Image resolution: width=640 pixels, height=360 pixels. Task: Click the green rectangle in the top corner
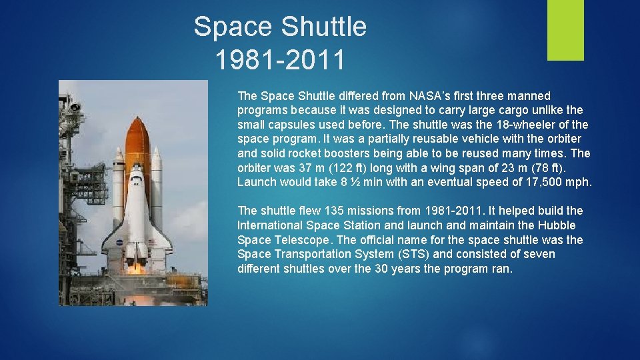[x=565, y=30]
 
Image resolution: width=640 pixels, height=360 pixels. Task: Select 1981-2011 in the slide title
[x=280, y=60]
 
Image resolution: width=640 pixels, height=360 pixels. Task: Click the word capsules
[x=293, y=125]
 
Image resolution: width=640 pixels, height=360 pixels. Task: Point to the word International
[x=273, y=225]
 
